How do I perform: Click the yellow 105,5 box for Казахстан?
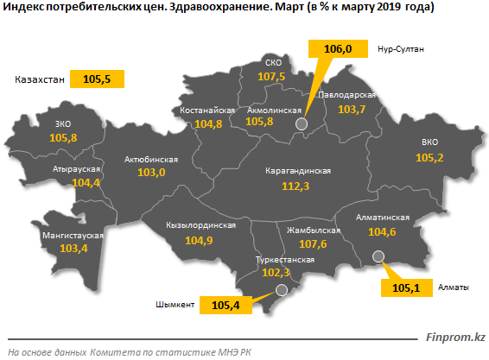point(97,79)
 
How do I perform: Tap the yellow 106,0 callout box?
point(338,51)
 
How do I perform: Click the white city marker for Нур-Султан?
point(302,124)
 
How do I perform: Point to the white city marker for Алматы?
point(378,256)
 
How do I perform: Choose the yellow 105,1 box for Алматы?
point(407,287)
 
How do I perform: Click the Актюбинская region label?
point(151,159)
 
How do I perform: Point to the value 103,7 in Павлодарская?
point(352,110)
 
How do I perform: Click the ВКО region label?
point(429,142)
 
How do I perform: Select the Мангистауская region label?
point(73,235)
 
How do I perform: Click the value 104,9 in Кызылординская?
point(200,240)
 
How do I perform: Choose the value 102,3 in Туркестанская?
point(276,273)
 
